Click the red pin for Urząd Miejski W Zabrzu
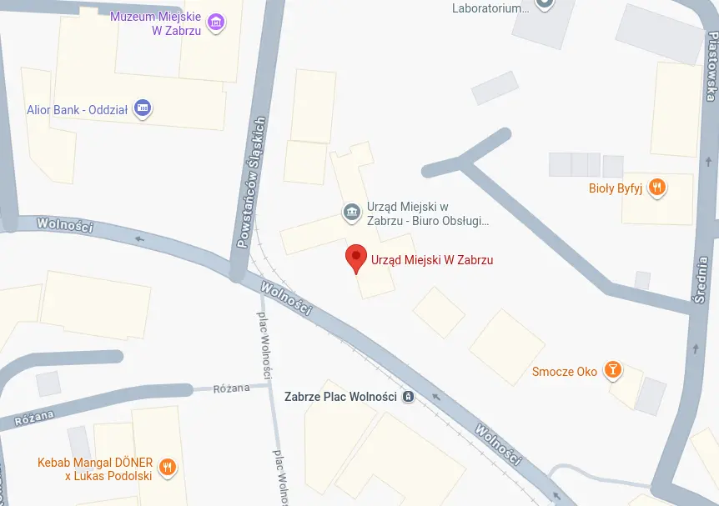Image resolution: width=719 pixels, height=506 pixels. point(356,258)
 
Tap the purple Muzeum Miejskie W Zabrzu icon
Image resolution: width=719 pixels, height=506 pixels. point(216,23)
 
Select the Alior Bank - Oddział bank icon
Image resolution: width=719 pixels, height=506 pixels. point(143,108)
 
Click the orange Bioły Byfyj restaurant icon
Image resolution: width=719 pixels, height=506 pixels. point(657,188)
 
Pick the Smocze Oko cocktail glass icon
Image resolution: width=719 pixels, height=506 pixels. point(613,370)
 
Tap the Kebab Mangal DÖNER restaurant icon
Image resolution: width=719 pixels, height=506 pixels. point(168,467)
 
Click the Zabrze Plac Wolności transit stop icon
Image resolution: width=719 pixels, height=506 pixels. point(408,397)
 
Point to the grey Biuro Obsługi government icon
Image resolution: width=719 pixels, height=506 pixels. point(351,213)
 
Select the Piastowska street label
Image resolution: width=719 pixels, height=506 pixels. point(711,67)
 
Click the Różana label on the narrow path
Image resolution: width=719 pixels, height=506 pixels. point(231,389)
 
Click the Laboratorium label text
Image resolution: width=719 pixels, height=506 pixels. point(491,8)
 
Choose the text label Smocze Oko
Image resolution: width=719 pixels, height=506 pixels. point(565,371)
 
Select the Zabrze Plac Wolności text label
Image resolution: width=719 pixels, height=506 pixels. point(340,397)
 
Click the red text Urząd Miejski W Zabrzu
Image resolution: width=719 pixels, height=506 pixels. point(432,260)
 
